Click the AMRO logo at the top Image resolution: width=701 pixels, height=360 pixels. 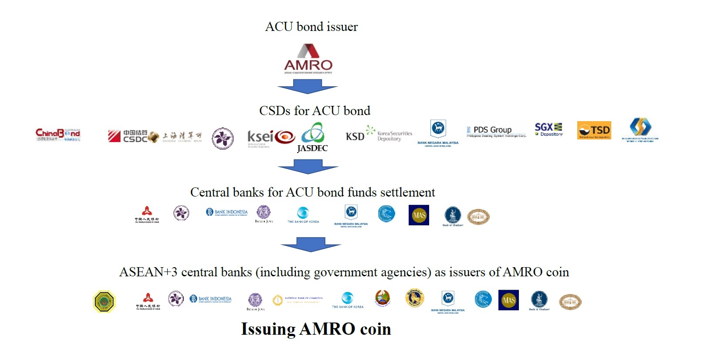pyautogui.click(x=308, y=58)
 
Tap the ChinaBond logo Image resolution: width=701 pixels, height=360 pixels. pyautogui.click(x=58, y=134)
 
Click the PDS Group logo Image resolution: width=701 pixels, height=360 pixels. pyautogui.click(x=496, y=131)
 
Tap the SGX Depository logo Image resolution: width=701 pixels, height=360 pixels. pyautogui.click(x=549, y=129)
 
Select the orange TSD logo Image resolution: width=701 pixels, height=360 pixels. pyautogui.click(x=594, y=130)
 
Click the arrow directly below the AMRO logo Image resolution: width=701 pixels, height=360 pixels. pyautogui.click(x=308, y=86)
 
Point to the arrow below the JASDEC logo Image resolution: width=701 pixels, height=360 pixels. pyautogui.click(x=308, y=166)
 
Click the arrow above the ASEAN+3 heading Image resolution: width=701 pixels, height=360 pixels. pyautogui.click(x=311, y=244)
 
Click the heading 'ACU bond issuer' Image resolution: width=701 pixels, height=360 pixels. pyautogui.click(x=312, y=27)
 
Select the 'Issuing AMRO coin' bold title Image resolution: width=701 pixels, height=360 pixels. pyautogui.click(x=316, y=329)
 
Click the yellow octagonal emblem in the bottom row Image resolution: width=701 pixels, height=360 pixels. pyautogui.click(x=104, y=301)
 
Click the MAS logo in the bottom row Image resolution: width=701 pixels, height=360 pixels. pyautogui.click(x=508, y=300)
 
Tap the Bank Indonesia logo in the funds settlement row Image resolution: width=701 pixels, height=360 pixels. pyautogui.click(x=227, y=212)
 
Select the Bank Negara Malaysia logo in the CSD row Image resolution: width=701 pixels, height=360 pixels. pyautogui.click(x=438, y=133)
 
